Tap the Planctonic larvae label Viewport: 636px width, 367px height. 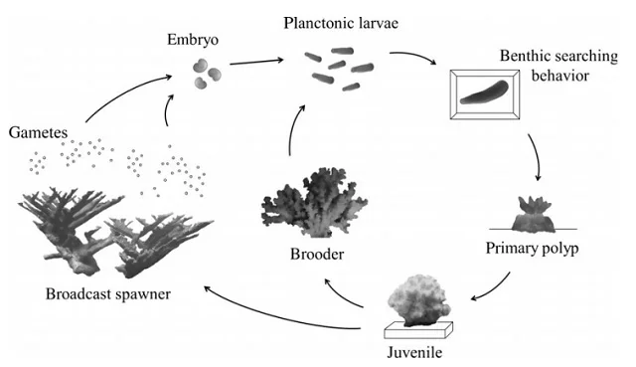pyautogui.click(x=340, y=23)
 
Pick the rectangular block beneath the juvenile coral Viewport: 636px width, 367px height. pyautogui.click(x=419, y=328)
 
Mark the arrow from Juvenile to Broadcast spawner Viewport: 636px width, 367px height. pyautogui.click(x=288, y=315)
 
